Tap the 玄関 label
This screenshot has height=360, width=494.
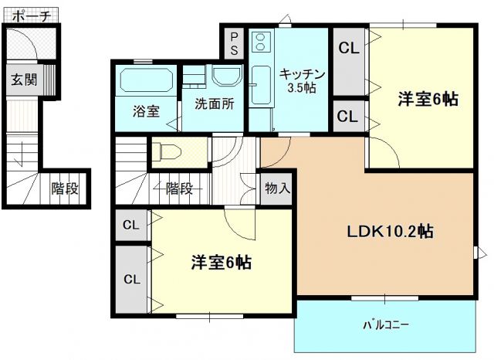[x=22, y=78]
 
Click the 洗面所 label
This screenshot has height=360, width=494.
[x=214, y=103]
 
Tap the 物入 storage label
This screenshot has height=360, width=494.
[x=277, y=187]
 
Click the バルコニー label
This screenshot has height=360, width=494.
[x=386, y=324]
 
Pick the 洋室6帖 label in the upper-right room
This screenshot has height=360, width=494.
[x=428, y=99]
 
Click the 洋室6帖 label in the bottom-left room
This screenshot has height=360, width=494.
[x=221, y=262]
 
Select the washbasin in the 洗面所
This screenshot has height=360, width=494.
[x=226, y=76]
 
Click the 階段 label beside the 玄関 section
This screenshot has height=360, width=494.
[x=66, y=188]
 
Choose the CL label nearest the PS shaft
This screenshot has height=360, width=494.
[x=349, y=48]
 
